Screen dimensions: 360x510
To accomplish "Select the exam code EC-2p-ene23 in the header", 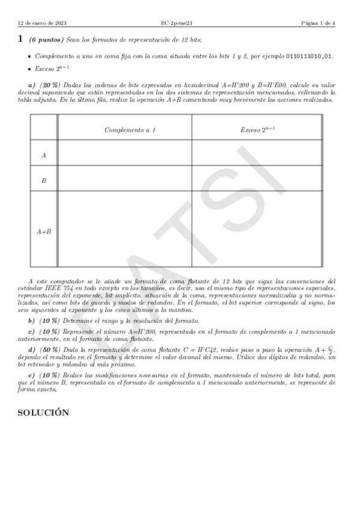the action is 177,23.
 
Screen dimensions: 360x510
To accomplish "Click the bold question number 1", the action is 20,40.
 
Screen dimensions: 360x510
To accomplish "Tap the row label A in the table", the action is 44,155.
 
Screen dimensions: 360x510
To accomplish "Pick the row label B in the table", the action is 44,180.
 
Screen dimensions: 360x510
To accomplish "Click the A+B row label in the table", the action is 44,230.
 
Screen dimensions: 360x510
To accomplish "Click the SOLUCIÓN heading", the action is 43,413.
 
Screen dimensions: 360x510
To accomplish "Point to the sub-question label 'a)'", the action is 32,85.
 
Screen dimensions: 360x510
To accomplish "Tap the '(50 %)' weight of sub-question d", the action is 50,349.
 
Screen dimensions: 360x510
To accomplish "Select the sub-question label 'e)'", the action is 32,375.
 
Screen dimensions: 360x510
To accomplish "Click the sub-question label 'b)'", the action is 32,321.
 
